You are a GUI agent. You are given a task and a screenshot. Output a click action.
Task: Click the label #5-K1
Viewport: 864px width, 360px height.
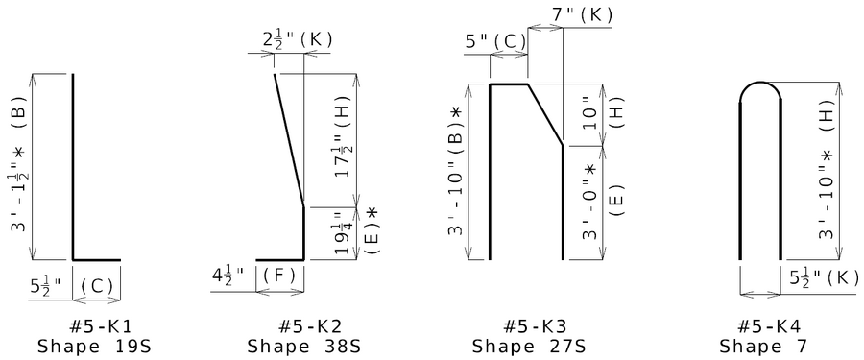point(101,326)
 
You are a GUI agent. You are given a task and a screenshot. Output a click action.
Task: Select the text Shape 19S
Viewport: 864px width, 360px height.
point(94,347)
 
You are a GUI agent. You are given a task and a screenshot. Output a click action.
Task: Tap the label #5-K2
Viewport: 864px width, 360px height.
point(310,326)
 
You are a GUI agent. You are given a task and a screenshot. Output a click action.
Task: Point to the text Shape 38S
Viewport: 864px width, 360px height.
point(303,347)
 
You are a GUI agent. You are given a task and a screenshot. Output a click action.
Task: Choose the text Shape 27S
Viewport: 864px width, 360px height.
point(528,347)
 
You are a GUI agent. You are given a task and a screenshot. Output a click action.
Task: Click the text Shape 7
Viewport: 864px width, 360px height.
point(763,347)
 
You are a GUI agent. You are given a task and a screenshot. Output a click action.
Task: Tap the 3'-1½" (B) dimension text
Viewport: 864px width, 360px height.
point(18,168)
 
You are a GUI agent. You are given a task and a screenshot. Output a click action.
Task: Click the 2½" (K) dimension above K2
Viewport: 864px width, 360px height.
point(298,40)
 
